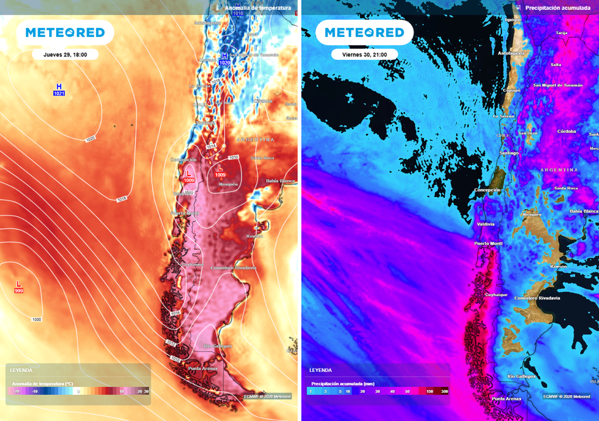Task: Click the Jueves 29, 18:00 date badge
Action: click(x=65, y=54)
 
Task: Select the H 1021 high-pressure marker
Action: click(x=58, y=89)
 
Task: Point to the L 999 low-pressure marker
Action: click(x=19, y=287)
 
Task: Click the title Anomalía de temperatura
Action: click(x=257, y=8)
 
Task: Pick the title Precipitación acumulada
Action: click(x=557, y=8)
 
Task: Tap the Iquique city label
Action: click(x=513, y=19)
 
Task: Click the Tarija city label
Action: click(x=562, y=33)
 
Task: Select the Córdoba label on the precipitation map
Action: click(x=567, y=131)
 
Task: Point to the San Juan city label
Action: click(x=528, y=133)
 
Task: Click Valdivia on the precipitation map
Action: click(x=485, y=224)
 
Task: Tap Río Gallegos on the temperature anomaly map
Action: click(x=217, y=346)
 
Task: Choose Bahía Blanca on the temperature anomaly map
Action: click(x=281, y=181)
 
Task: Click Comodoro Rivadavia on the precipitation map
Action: click(x=537, y=298)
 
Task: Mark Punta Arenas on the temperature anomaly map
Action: click(x=202, y=368)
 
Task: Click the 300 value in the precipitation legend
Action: click(x=445, y=391)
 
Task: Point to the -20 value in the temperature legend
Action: click(x=16, y=391)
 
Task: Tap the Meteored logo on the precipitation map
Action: click(x=364, y=33)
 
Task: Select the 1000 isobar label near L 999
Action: click(x=37, y=319)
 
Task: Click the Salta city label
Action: click(x=556, y=64)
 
